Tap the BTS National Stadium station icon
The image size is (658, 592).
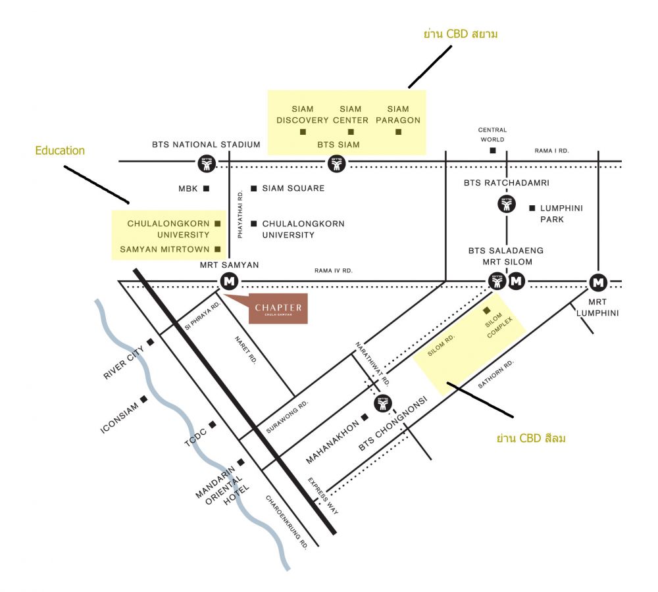click(207, 163)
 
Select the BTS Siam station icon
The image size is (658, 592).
click(337, 163)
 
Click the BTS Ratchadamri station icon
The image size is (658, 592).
click(506, 205)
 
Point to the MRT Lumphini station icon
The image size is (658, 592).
click(597, 282)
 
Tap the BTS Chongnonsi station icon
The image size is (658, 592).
click(382, 403)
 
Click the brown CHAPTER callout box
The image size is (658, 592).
click(278, 309)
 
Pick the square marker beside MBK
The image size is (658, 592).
click(206, 189)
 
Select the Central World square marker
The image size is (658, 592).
click(493, 151)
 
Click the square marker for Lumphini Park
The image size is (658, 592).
click(532, 208)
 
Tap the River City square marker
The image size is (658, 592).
click(151, 342)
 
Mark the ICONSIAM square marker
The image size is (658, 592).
click(143, 399)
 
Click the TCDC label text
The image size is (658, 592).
click(195, 438)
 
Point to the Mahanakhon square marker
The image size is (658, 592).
click(365, 417)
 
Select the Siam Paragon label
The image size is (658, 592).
click(398, 114)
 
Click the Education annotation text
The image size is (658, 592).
click(60, 151)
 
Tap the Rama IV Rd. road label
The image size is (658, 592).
click(334, 270)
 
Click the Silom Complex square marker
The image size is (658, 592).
click(487, 310)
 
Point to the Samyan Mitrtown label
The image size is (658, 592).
click(164, 249)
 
